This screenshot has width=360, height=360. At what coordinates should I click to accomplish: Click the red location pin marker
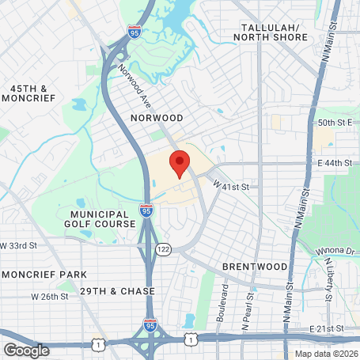pos(179,162)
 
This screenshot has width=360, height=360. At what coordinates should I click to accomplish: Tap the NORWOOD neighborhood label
pos(157,118)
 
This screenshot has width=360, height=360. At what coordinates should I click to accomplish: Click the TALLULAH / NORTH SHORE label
pos(273,32)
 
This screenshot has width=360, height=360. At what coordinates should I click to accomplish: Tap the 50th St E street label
pos(334,123)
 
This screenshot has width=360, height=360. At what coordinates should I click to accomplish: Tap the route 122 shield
pos(164,248)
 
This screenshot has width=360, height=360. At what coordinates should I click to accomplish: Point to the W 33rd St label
pos(19,246)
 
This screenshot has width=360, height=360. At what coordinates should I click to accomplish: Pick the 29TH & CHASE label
pos(116,291)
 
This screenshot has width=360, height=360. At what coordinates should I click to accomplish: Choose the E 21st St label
pos(329,328)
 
